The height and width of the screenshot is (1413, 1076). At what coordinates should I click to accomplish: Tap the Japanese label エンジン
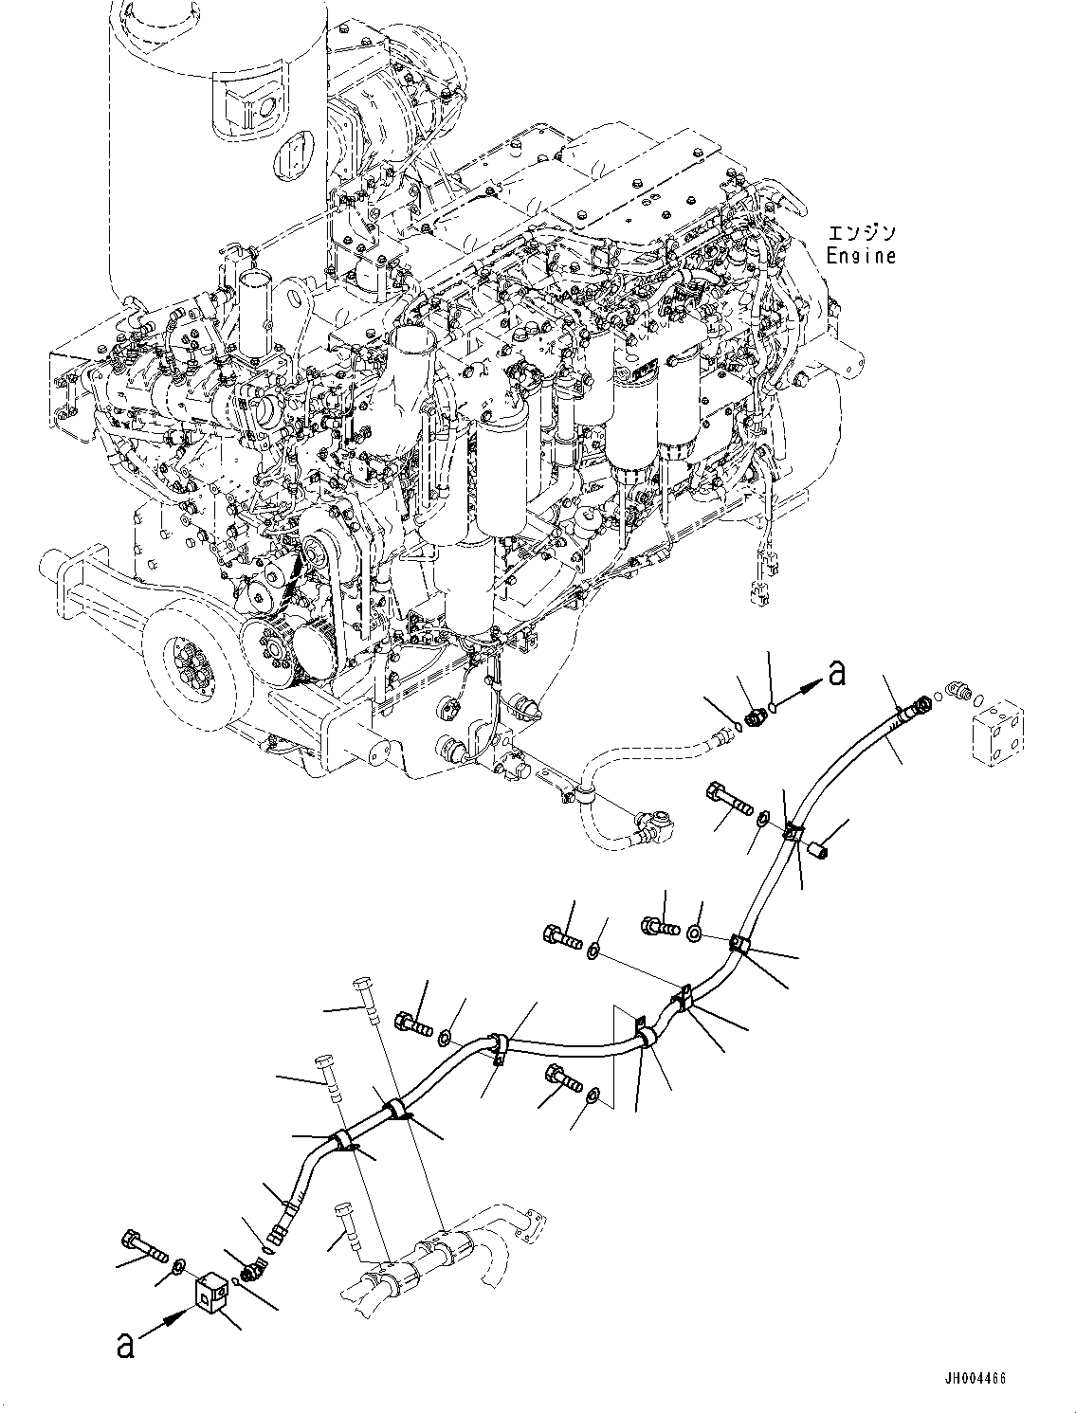[x=860, y=233]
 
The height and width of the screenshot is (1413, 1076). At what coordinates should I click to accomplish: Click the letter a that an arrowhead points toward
[x=835, y=673]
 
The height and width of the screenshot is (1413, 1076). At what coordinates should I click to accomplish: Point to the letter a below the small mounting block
[x=125, y=1347]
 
